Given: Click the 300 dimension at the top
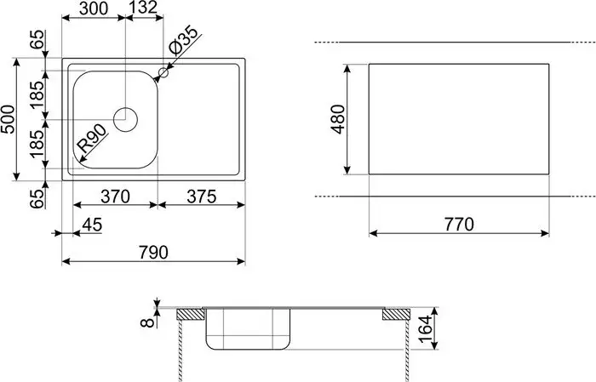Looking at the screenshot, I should (x=94, y=10).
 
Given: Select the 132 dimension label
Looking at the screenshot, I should (x=142, y=10).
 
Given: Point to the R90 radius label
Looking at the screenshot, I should (x=92, y=141).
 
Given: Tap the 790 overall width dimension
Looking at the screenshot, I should (x=153, y=253).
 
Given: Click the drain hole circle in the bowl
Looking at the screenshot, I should (x=125, y=118).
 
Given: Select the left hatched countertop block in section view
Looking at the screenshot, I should (x=191, y=316).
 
